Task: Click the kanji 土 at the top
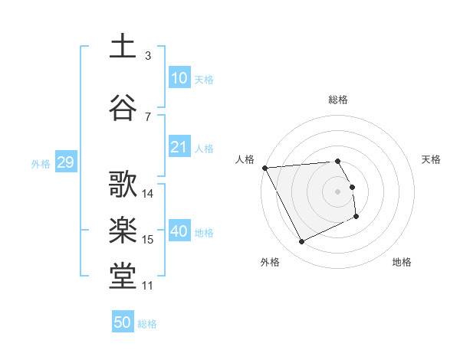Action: click(x=123, y=45)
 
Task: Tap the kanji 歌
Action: click(x=123, y=185)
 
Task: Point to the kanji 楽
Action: click(x=123, y=231)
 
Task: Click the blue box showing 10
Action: click(x=179, y=78)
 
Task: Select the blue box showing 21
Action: click(x=179, y=147)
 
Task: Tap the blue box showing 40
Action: click(x=179, y=231)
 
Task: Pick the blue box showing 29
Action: click(x=65, y=163)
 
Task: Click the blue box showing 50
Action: click(x=123, y=322)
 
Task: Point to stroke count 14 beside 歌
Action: click(x=148, y=194)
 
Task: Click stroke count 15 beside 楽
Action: click(x=148, y=240)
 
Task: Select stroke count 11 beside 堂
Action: click(x=148, y=286)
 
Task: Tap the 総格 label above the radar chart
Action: click(x=338, y=100)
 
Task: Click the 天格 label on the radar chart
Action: click(x=431, y=159)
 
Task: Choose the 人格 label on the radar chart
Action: click(x=245, y=159)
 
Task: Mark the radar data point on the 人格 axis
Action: click(x=264, y=167)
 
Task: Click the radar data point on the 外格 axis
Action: click(x=301, y=242)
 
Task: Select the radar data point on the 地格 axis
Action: click(x=356, y=218)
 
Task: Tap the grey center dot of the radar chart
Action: click(x=338, y=191)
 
